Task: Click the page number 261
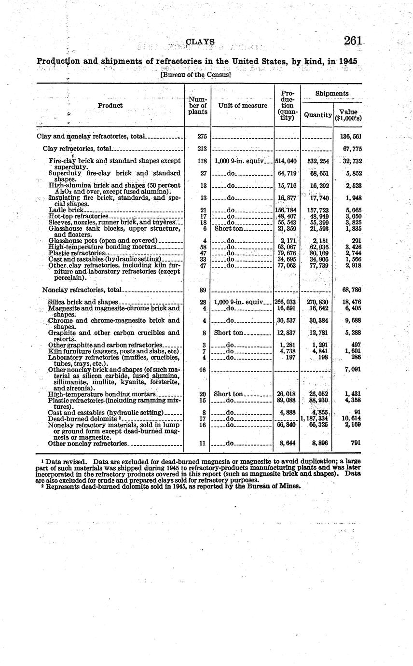pos(353,41)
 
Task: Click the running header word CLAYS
pos(200,42)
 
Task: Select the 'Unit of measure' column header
pos(242,106)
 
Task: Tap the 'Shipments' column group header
pos(331,93)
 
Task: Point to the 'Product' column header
pos(110,106)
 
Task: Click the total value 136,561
pos(352,137)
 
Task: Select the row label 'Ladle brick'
pos(67,210)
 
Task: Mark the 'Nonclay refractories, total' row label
pos(82,290)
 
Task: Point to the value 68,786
pos(352,290)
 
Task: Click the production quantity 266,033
pos(285,302)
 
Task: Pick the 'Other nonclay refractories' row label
pos(87,443)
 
